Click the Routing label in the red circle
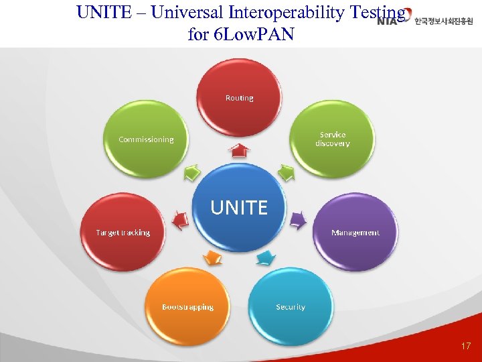point(239,98)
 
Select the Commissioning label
point(146,139)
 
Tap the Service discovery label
point(333,139)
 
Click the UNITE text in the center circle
point(239,208)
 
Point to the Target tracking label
point(123,233)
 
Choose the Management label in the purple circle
point(355,233)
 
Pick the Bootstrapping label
point(188,307)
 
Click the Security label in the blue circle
point(291,307)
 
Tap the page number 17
point(466,347)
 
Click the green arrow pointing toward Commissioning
point(192,172)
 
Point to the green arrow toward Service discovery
point(287,173)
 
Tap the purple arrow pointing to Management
point(299,219)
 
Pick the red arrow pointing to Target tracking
point(179,219)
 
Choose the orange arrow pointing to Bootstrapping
point(212,257)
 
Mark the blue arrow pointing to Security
point(266,257)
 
